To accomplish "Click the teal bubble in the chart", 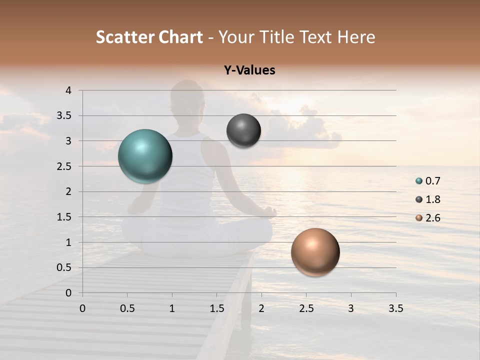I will [145, 156].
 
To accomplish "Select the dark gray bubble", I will [243, 131].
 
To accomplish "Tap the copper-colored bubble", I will [315, 252].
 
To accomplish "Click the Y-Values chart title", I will [249, 70].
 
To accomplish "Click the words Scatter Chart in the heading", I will [149, 37].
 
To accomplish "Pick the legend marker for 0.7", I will [418, 181].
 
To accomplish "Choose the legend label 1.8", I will [433, 199].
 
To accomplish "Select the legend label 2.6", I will [433, 218].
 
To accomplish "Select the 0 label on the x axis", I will [82, 308].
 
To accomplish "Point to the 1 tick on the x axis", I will [172, 308].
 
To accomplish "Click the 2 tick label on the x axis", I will [261, 308].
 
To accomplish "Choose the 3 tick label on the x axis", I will [351, 308].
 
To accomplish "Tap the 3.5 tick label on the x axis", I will [395, 308].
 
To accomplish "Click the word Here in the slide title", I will [356, 37].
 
